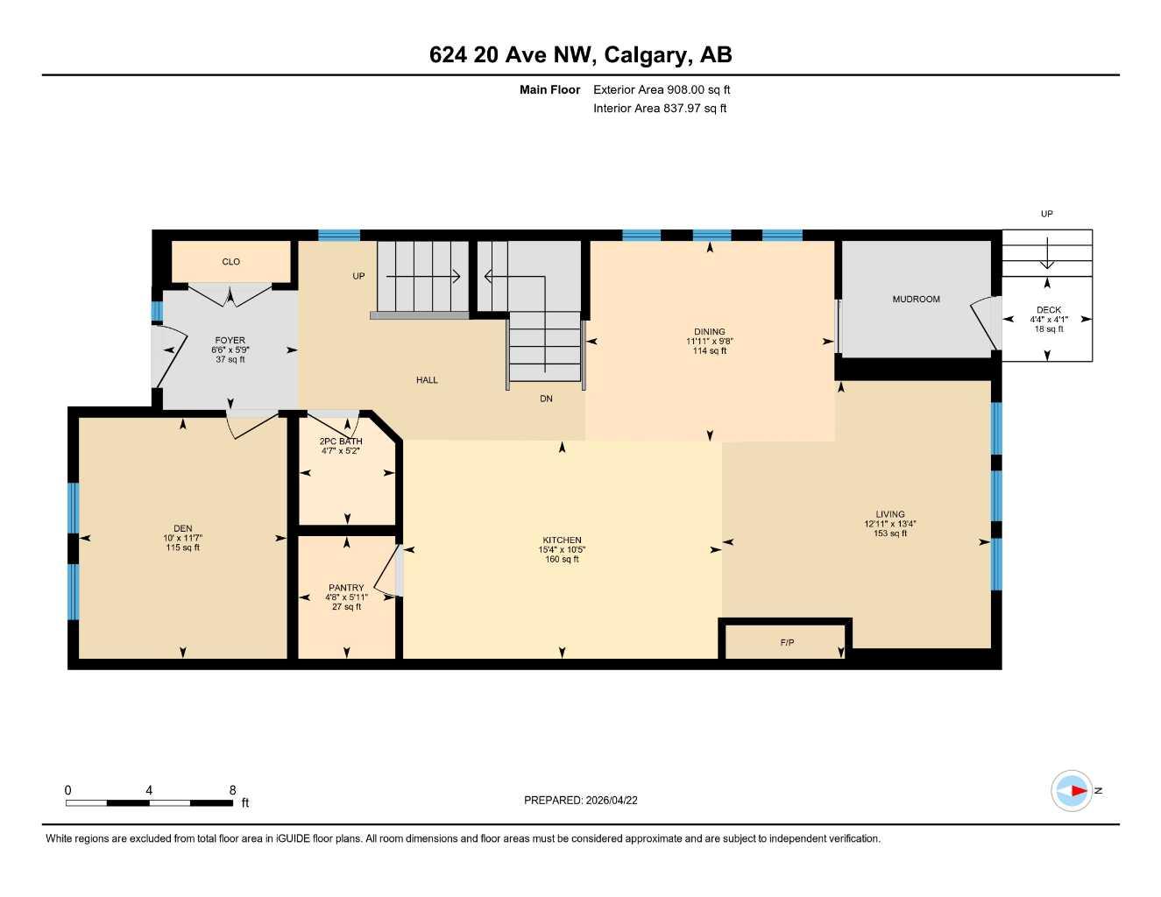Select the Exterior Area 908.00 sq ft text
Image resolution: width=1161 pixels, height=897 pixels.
[662, 89]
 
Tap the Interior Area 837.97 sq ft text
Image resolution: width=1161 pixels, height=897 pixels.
[660, 109]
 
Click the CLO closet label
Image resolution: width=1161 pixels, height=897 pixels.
[230, 262]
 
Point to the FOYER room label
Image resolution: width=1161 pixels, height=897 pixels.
[230, 340]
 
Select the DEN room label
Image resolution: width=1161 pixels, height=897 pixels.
[182, 528]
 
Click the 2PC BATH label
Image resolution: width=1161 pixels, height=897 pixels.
[341, 441]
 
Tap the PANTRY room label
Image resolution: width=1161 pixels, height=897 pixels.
[346, 588]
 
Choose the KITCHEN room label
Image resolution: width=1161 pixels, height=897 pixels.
[562, 540]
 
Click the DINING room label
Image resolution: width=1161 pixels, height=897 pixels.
[710, 332]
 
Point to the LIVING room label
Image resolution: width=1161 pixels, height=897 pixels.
[890, 514]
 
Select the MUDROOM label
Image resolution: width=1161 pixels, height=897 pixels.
[916, 300]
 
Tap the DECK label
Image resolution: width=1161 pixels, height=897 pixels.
[1049, 310]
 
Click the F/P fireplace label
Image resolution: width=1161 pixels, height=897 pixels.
[787, 643]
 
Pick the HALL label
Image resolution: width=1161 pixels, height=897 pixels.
[427, 380]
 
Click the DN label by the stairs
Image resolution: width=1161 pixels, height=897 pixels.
[546, 399]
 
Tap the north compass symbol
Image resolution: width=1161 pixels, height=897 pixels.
[1073, 791]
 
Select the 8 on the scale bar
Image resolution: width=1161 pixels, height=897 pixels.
[232, 790]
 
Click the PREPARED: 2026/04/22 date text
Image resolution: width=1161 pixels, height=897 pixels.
[580, 800]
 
